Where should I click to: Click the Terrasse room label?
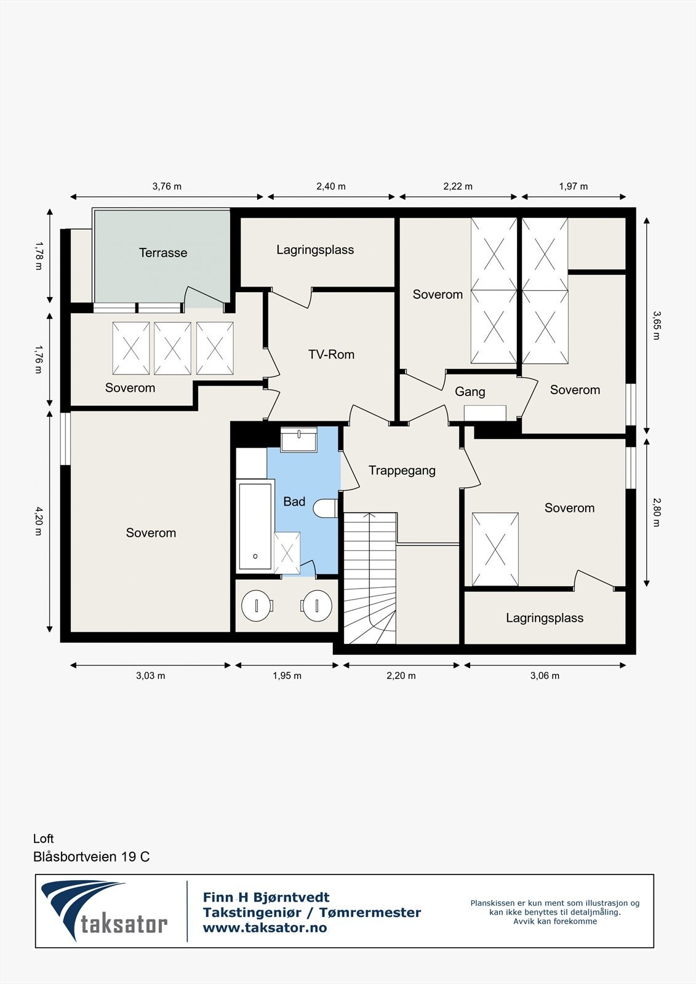(163, 253)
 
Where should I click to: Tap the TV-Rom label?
(331, 354)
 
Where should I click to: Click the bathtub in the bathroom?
(255, 526)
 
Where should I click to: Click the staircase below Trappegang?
(369, 578)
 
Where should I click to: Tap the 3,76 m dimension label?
(167, 186)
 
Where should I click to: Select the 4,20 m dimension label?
(39, 521)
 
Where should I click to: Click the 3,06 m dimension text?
(545, 675)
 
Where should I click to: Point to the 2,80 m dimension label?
(656, 512)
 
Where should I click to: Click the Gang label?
(470, 392)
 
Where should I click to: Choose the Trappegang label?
(402, 470)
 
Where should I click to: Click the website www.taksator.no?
(265, 928)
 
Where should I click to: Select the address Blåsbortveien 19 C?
(91, 857)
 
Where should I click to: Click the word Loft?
(44, 838)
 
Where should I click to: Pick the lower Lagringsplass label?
(545, 617)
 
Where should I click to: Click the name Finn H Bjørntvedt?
(266, 897)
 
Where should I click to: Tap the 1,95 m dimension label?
(287, 675)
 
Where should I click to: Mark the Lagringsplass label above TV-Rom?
(315, 250)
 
